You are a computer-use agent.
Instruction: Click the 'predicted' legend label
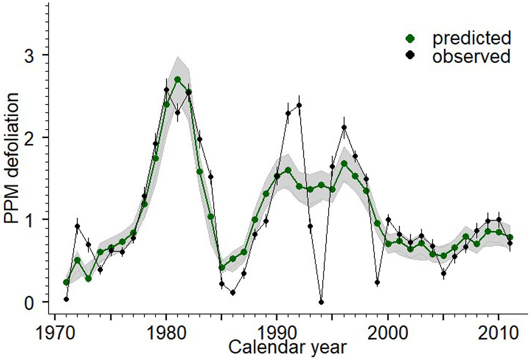[471, 38]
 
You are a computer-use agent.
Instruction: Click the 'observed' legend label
[471, 57]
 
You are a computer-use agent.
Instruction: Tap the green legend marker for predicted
[410, 38]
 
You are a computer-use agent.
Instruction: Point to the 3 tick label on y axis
[33, 55]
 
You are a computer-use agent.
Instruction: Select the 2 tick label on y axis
[33, 138]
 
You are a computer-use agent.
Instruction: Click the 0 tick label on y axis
[33, 302]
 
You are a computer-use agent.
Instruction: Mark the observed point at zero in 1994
[321, 302]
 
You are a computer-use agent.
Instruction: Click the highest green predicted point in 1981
[177, 79]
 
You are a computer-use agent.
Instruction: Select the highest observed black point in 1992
[299, 105]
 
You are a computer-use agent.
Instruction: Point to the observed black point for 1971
[66, 299]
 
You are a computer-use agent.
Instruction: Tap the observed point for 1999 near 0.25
[377, 282]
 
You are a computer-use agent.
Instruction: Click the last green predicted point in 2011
[510, 237]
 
